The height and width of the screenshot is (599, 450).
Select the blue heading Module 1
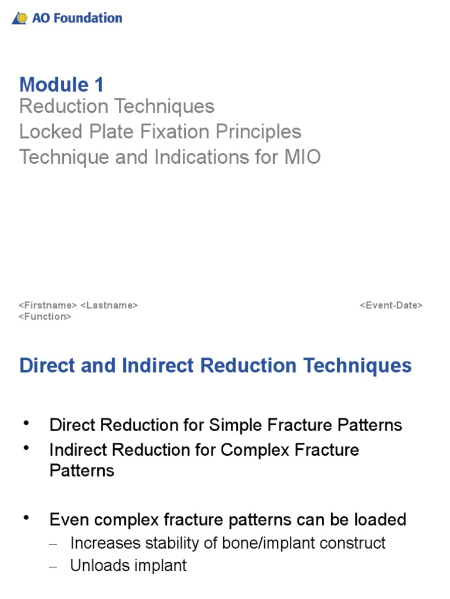click(62, 85)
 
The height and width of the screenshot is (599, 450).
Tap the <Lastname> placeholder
click(109, 305)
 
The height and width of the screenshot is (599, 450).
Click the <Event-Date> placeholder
click(391, 305)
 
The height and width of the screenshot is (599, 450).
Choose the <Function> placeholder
click(45, 316)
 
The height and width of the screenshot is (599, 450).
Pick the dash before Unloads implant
click(54, 567)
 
